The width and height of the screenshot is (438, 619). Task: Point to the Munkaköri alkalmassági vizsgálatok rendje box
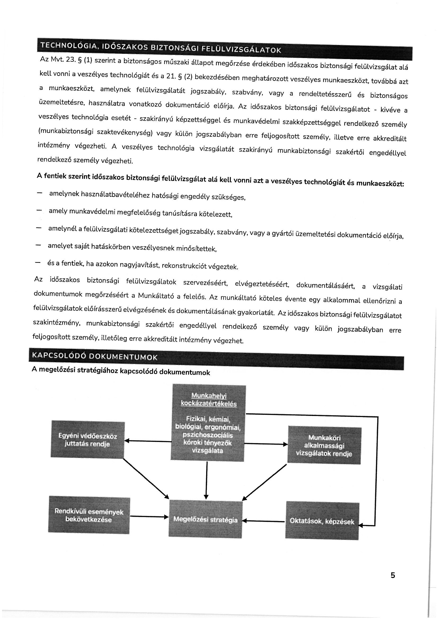click(324, 445)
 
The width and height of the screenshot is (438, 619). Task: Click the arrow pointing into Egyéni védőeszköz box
click(148, 441)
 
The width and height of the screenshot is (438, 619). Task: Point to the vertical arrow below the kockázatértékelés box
click(206, 481)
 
